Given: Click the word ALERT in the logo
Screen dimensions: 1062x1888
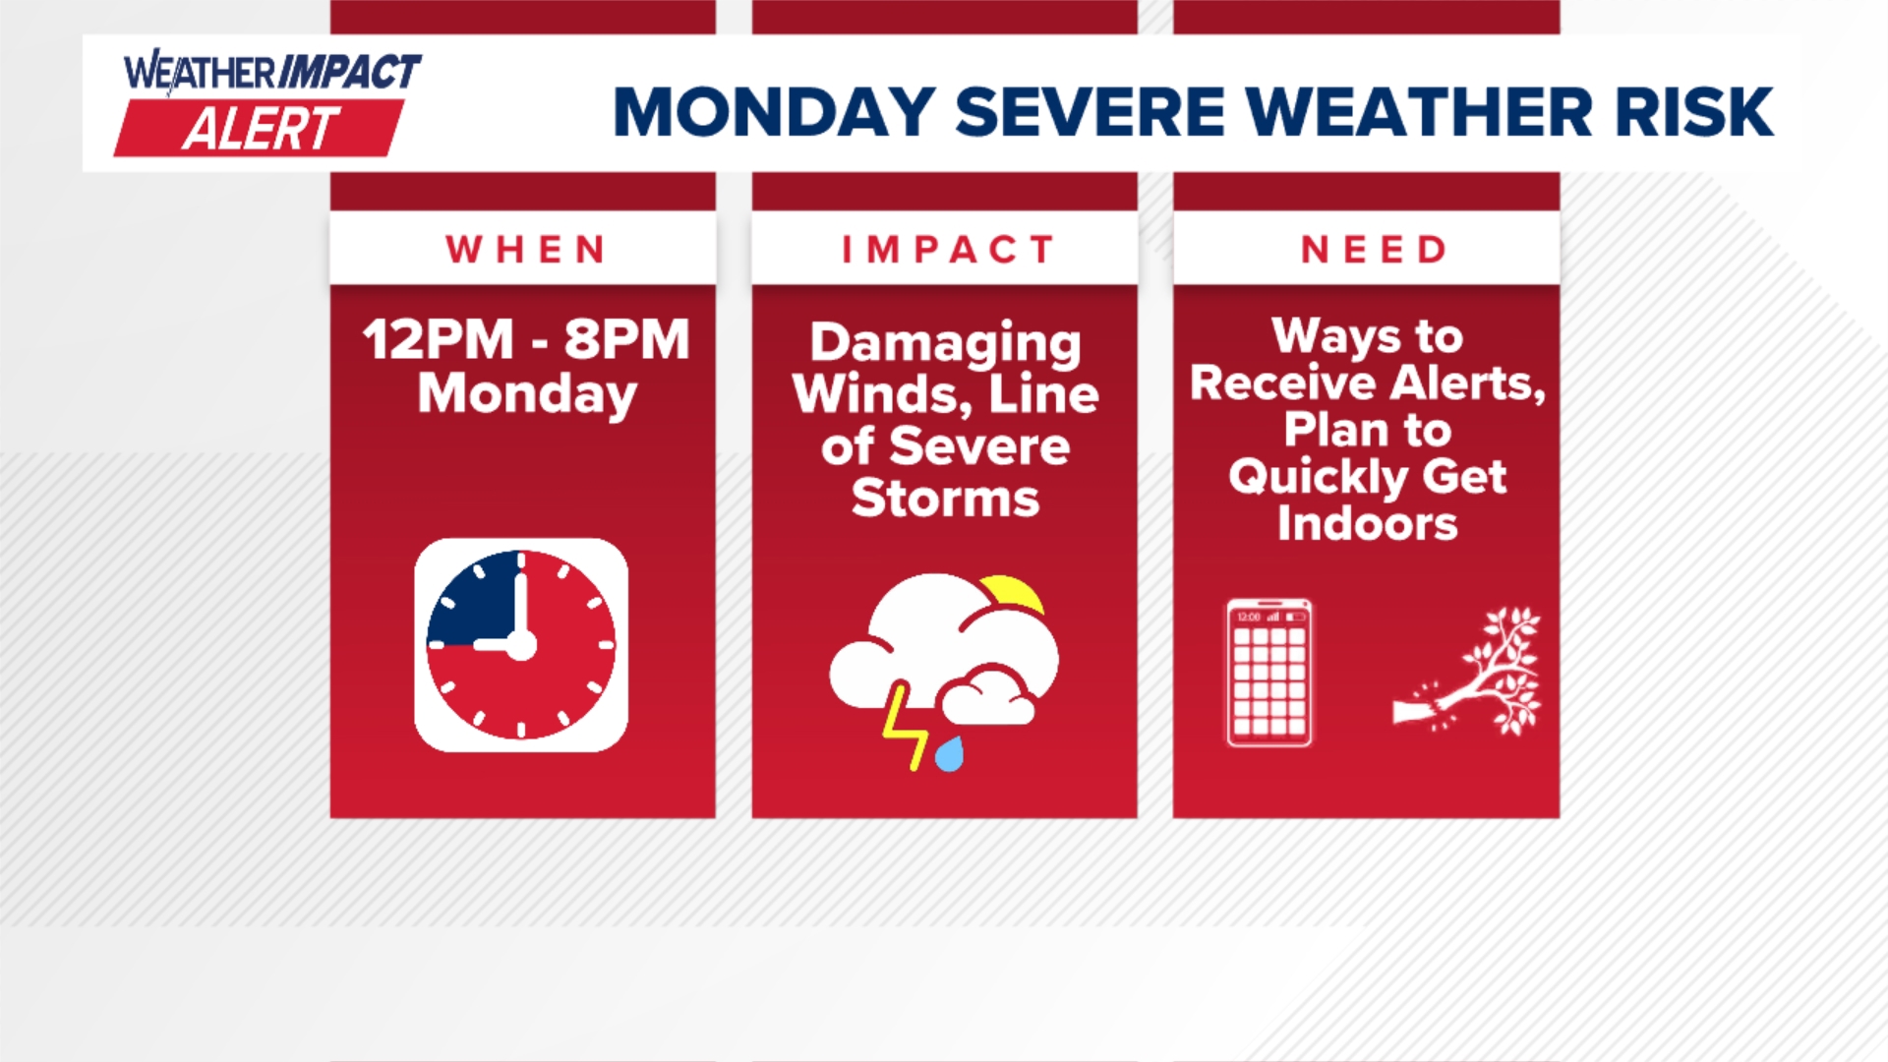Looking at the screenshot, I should (x=261, y=129).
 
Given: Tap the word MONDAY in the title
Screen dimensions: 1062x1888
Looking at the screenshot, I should (x=774, y=112).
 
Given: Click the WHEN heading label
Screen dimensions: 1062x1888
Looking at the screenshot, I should (x=526, y=250).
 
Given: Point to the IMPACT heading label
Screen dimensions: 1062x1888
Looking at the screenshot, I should (x=948, y=250).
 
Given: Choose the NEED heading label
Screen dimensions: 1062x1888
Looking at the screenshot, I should (x=1374, y=250).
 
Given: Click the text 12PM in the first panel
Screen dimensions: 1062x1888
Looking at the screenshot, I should (x=438, y=340).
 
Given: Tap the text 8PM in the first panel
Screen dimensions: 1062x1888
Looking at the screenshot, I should (x=626, y=340).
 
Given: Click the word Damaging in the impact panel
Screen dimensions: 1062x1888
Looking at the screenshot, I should (x=945, y=345).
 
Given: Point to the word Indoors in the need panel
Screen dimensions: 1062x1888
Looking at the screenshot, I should (x=1367, y=523).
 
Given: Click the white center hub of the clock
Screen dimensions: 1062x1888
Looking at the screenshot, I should (x=520, y=645).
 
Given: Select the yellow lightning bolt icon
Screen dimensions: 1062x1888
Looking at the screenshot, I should (x=903, y=727).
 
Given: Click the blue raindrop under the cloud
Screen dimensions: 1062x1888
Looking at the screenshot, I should (x=949, y=755).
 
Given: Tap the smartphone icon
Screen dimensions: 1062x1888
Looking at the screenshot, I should (x=1269, y=674).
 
